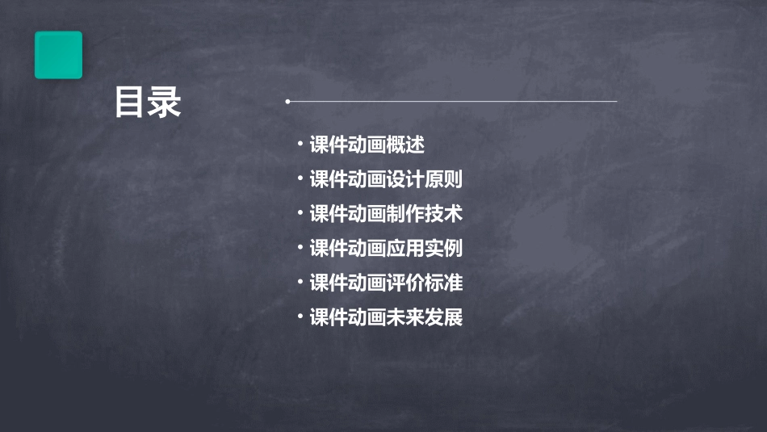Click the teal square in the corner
coord(58,55)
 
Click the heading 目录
coord(148,103)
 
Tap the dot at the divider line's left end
coord(287,102)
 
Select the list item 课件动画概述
coord(367,145)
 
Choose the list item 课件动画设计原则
coord(386,179)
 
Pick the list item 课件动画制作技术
coord(386,214)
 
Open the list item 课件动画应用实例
coord(386,249)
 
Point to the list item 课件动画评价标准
coord(386,283)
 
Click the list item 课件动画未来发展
coord(386,317)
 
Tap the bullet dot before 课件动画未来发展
coord(300,316)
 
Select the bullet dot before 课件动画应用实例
coord(300,247)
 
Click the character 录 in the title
coord(166,103)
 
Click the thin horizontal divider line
coord(452,102)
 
